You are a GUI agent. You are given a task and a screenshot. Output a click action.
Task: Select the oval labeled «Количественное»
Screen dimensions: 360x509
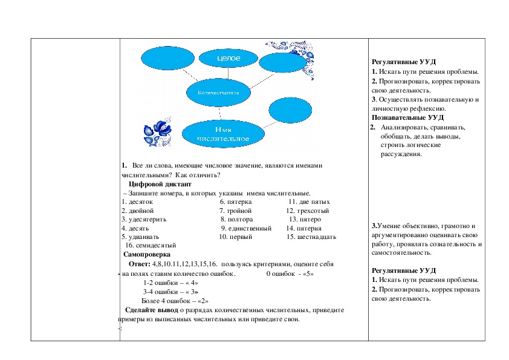pos(218,93)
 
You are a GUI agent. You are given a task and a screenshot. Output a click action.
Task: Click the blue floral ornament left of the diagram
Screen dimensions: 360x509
pos(158,129)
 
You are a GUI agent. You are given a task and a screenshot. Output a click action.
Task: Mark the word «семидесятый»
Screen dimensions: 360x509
pos(154,246)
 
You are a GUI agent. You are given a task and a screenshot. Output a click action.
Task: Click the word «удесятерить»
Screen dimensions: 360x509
pos(146,219)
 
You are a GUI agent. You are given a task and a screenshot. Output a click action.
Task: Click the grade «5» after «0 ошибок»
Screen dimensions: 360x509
pos(310,273)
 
